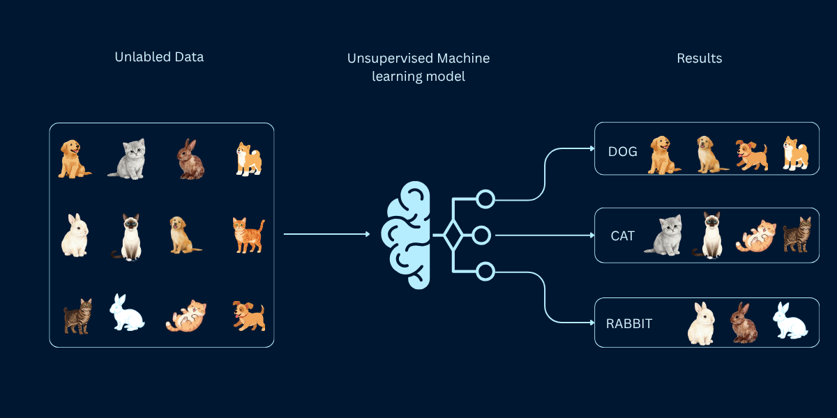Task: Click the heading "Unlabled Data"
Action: (159, 57)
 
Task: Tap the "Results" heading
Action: (699, 59)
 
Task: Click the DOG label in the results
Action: (622, 151)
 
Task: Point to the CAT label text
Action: (622, 236)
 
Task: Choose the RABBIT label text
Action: (629, 324)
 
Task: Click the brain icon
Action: (406, 235)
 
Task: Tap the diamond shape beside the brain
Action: (453, 235)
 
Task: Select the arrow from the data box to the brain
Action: (326, 235)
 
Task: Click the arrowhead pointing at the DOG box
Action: (590, 148)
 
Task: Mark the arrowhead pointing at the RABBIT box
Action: (590, 321)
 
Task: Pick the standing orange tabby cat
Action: (248, 235)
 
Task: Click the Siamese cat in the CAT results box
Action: (709, 235)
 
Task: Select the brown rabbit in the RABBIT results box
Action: (744, 323)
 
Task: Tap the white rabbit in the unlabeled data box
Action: (126, 313)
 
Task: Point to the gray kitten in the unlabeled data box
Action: (128, 158)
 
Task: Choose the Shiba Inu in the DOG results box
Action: (794, 153)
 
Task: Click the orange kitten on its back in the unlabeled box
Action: (186, 316)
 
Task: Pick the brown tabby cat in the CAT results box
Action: (797, 235)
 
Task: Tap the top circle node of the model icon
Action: (485, 199)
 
